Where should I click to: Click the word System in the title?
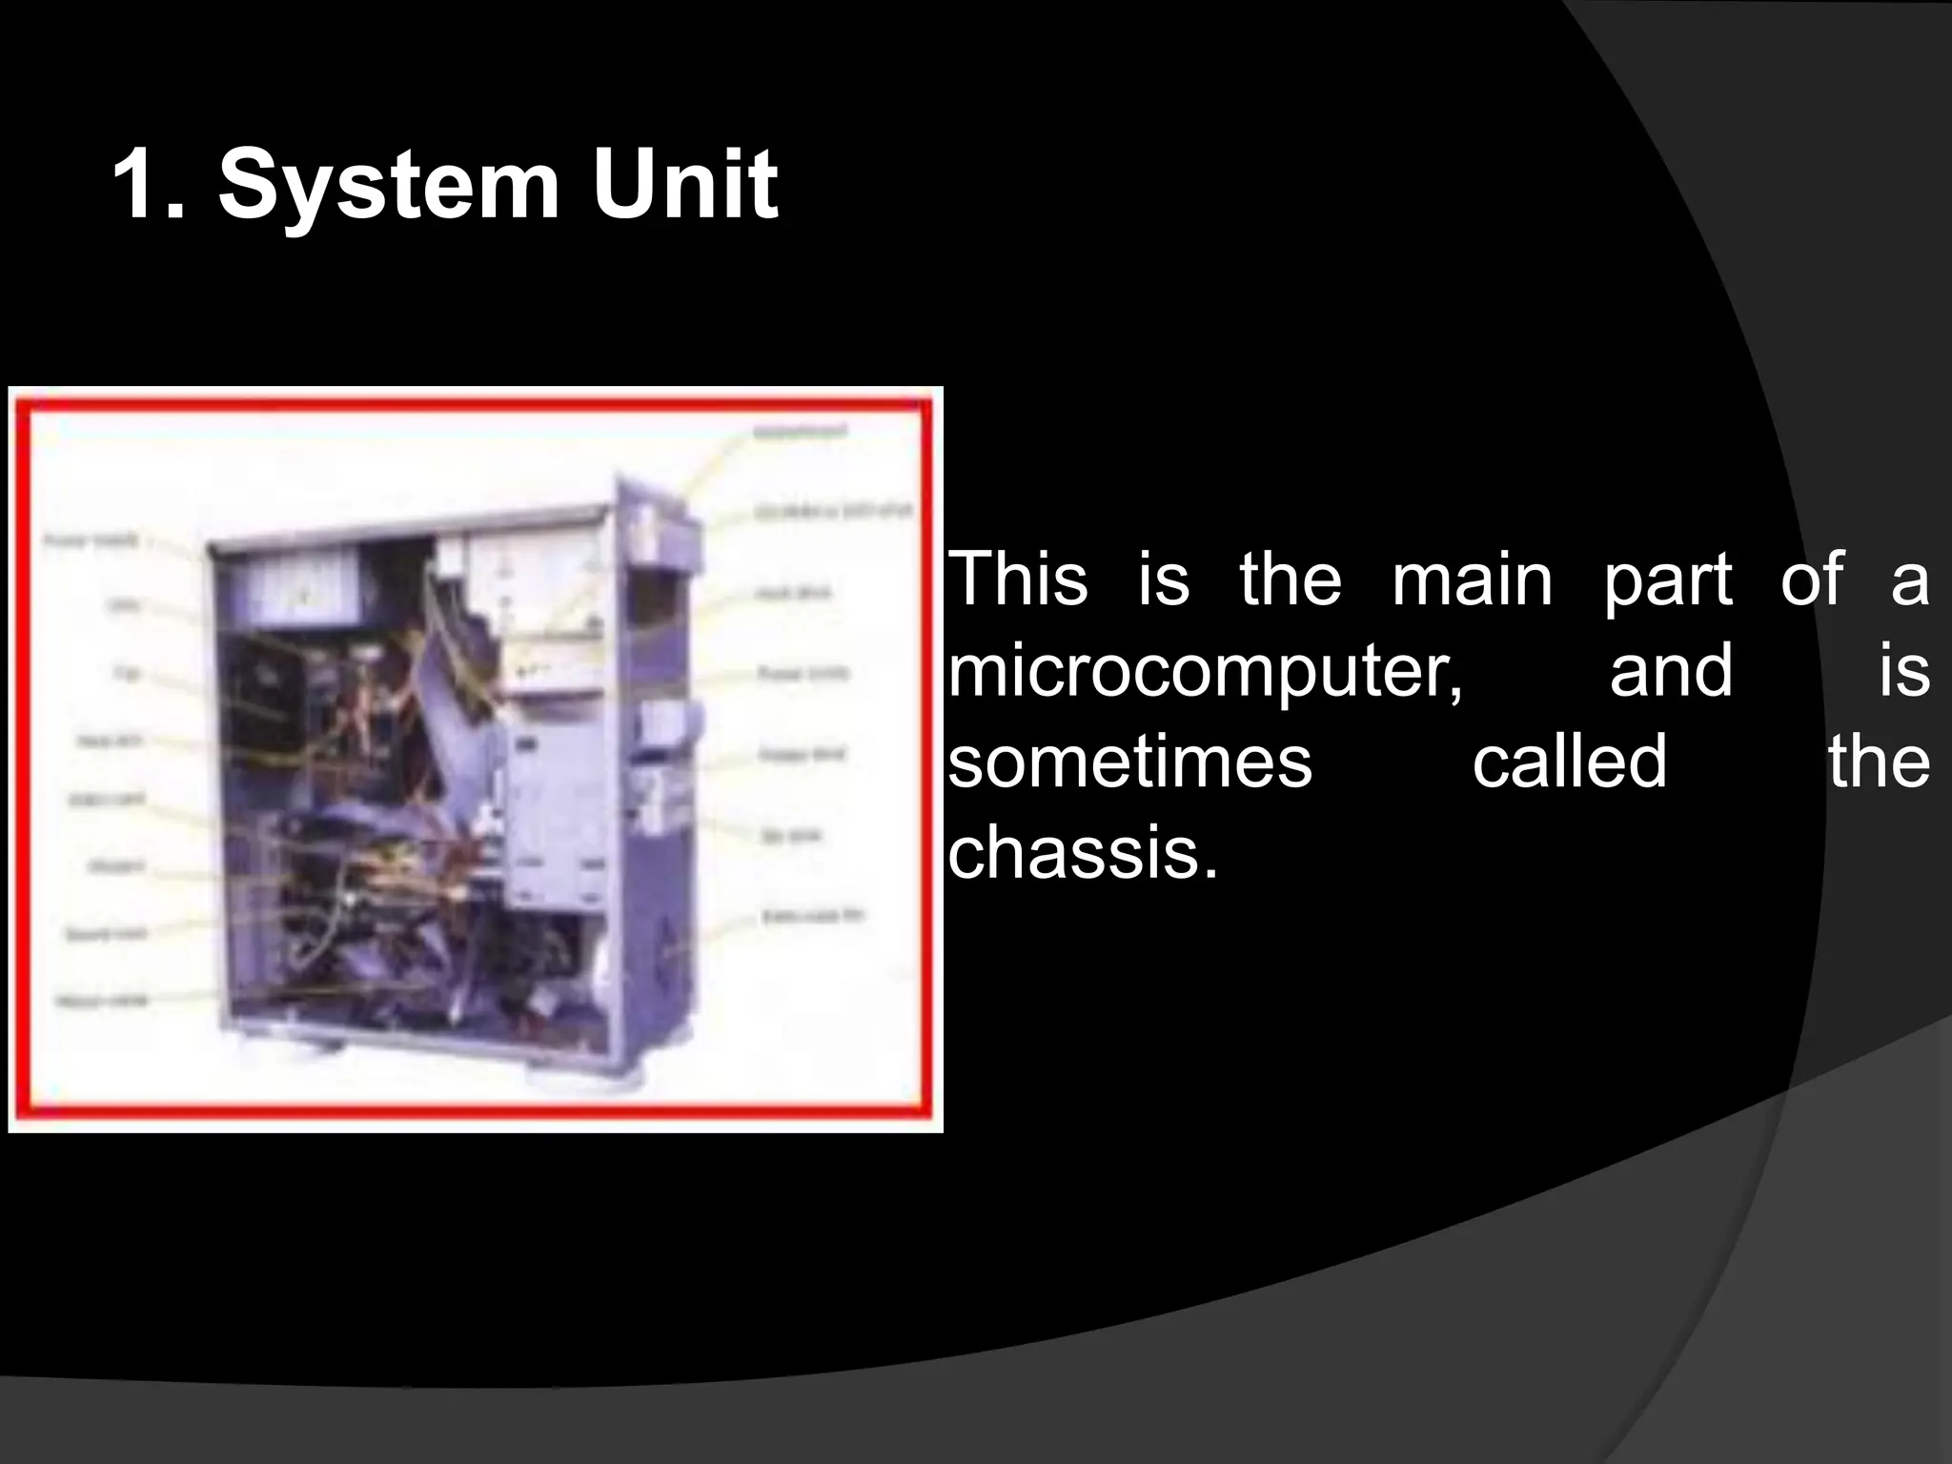point(388,184)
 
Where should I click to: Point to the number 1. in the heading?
point(148,184)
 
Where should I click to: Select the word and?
point(1670,670)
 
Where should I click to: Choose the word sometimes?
point(1130,762)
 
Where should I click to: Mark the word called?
point(1570,762)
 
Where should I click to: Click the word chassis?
point(1083,852)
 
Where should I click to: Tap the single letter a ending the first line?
point(1910,580)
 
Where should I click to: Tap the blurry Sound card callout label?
point(106,933)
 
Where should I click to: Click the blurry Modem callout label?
point(116,865)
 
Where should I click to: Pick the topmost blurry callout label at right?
point(799,432)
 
